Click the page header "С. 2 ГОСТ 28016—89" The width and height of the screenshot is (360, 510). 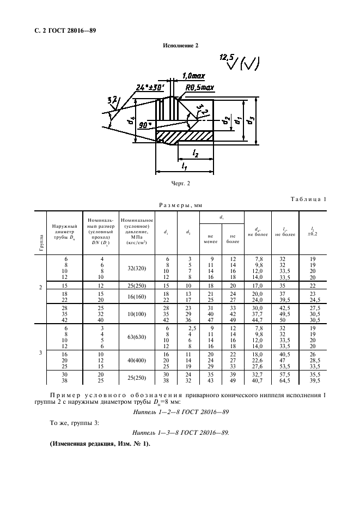point(65,31)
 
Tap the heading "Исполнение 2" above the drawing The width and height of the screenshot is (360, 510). point(180,46)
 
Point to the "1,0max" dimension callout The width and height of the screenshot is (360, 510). point(193,76)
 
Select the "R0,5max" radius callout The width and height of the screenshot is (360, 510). point(200,88)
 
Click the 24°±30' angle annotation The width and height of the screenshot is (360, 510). point(150,88)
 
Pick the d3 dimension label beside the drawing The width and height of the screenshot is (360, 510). point(250,120)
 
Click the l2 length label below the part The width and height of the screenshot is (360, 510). point(196,153)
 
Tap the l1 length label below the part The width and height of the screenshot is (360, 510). point(185,166)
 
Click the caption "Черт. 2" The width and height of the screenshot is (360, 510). point(180,184)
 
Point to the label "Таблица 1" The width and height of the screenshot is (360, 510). point(308,199)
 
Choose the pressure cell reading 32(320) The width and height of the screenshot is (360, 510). point(137,268)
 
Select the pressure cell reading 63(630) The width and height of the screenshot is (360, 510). point(137,337)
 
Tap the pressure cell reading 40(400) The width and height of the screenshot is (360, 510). point(137,360)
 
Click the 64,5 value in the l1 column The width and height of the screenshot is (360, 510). point(285,380)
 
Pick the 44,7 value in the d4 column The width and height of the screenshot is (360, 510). point(258,320)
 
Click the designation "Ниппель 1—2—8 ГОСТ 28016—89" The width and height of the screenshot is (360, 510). point(181,412)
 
